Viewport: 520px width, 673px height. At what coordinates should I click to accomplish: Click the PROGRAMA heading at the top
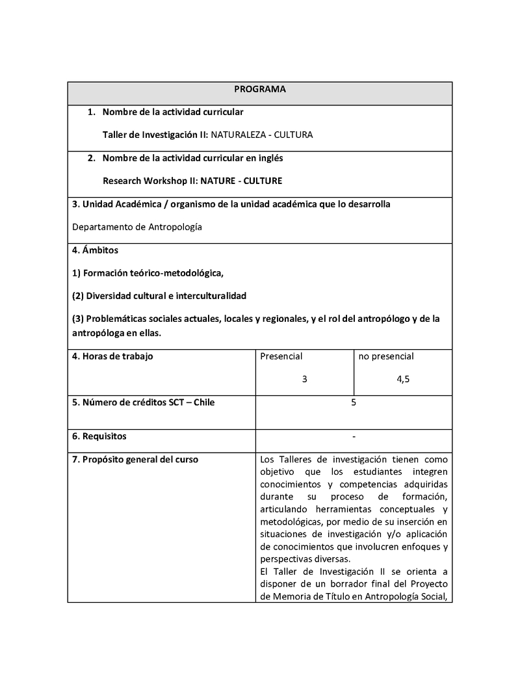click(x=260, y=89)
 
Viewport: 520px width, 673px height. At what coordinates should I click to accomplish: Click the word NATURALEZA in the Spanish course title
click(x=239, y=135)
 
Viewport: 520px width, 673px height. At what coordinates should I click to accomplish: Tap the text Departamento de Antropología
click(x=137, y=227)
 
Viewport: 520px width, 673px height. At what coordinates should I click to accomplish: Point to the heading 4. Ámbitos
click(x=95, y=250)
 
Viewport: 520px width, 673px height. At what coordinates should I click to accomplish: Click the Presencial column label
click(x=281, y=356)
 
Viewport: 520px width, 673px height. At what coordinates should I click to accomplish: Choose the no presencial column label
click(x=386, y=356)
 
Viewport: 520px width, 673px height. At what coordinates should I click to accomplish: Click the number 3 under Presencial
click(x=304, y=380)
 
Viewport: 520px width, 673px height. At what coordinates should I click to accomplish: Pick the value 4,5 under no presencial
click(x=403, y=380)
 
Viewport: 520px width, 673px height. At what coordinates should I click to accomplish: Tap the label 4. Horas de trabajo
click(x=112, y=356)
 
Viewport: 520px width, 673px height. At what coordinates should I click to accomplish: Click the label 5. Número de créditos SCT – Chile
click(x=143, y=402)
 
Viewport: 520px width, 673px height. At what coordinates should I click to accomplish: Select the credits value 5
click(x=354, y=402)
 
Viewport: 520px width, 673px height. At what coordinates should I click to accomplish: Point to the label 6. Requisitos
click(x=99, y=436)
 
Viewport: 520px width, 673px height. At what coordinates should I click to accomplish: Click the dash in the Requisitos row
click(x=354, y=436)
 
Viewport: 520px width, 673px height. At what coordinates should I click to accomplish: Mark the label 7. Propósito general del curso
click(x=135, y=460)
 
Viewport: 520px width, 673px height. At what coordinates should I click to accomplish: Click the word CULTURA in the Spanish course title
click(x=293, y=135)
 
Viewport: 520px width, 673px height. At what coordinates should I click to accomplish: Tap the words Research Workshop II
click(x=150, y=181)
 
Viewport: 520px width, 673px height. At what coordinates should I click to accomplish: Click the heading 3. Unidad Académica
click(x=117, y=204)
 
